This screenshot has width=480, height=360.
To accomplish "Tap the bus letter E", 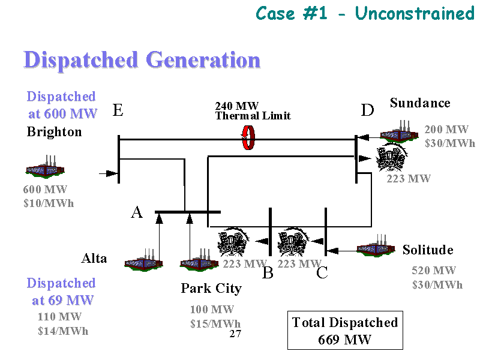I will (x=118, y=110).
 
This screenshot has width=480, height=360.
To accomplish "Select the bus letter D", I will (x=367, y=110).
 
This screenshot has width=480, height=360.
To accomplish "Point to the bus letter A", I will (x=137, y=212).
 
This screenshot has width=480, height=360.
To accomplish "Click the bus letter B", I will (x=268, y=274).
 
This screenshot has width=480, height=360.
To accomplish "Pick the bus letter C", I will (x=322, y=274).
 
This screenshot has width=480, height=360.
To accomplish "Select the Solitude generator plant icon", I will (x=376, y=246).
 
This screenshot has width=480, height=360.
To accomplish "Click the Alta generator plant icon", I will (x=143, y=262).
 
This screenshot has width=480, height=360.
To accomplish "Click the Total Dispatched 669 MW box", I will (x=345, y=331).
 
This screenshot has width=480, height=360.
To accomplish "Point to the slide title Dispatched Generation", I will (x=142, y=61).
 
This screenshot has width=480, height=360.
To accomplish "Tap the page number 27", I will (x=235, y=334).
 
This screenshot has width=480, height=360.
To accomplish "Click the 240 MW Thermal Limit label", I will (x=253, y=111).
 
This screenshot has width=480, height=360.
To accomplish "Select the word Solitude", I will (x=428, y=250).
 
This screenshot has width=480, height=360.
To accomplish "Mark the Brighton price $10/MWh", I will (x=49, y=203).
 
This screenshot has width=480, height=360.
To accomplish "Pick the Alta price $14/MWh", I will (x=63, y=331).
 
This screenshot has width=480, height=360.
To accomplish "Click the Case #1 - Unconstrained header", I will (x=365, y=13).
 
